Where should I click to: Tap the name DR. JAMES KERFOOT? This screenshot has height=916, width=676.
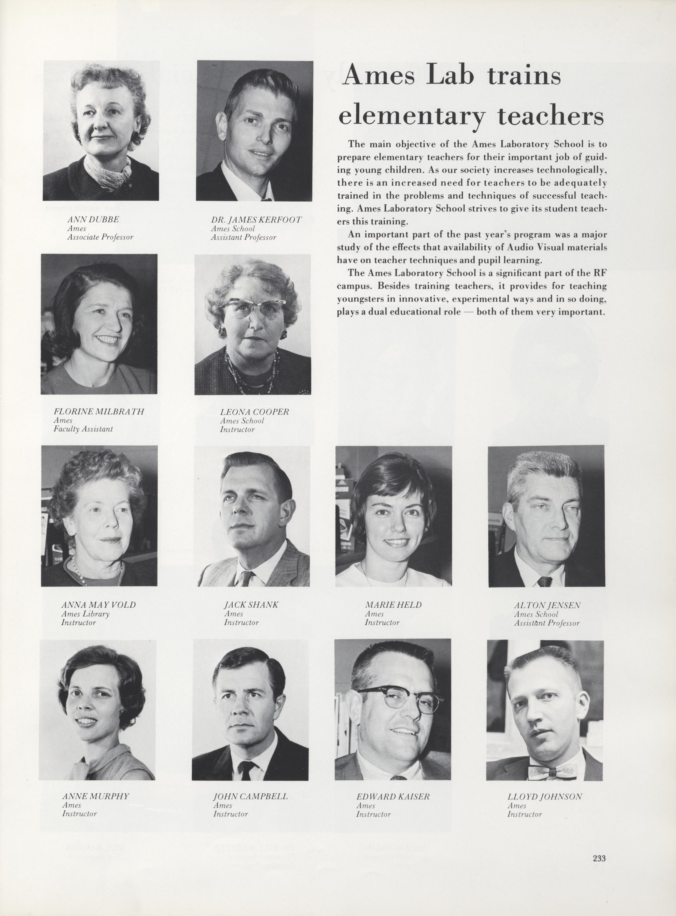(x=256, y=220)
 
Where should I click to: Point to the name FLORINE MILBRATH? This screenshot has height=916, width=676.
(x=99, y=412)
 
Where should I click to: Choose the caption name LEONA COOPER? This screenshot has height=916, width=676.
(x=254, y=412)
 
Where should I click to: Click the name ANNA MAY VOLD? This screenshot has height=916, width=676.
(x=98, y=605)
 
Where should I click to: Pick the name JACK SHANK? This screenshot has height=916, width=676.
(x=251, y=605)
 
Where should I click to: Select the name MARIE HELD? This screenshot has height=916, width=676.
(x=393, y=605)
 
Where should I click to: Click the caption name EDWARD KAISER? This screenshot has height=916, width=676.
(x=393, y=797)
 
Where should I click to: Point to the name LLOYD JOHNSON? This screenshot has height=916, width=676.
(x=544, y=797)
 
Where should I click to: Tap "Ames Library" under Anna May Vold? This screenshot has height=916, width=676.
(x=85, y=614)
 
